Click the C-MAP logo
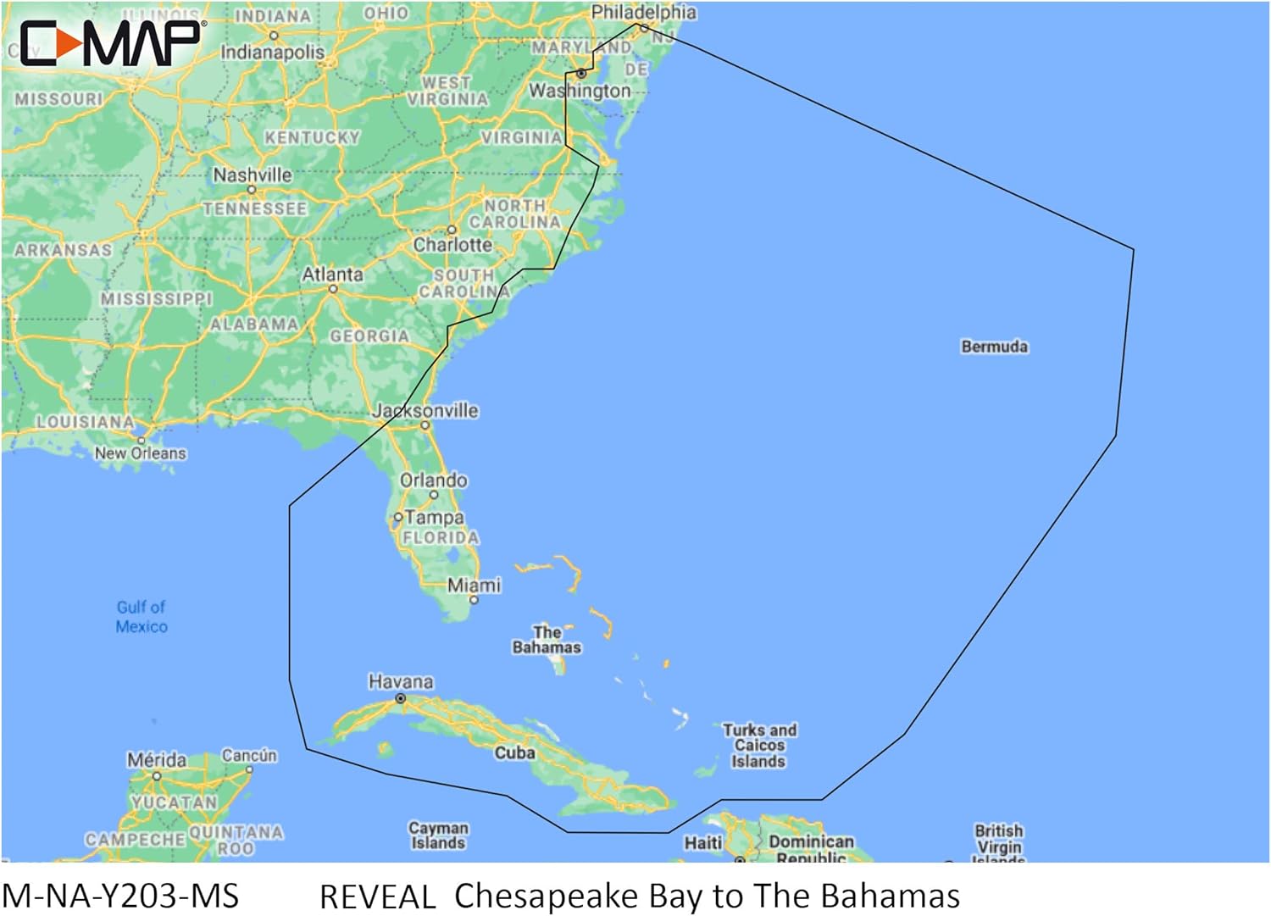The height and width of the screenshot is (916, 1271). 110,43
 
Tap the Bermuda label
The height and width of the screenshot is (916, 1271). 994,347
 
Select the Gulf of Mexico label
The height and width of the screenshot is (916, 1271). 142,617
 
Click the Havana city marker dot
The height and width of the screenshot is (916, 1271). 401,699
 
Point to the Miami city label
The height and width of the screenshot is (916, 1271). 474,585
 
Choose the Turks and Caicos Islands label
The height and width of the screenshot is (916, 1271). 759,746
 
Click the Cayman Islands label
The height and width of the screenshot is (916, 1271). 438,836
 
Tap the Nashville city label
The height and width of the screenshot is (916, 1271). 253,175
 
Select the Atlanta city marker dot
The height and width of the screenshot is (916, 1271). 333,289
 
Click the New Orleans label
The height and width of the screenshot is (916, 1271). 140,453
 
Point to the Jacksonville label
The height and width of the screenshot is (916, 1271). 426,411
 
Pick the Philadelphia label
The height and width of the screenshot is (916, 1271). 644,12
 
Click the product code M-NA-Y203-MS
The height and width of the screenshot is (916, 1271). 120,896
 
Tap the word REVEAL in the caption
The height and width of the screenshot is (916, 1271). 377,897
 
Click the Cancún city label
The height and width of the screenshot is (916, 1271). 249,755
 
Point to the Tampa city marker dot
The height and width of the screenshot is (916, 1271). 397,517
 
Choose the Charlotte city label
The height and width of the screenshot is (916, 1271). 452,245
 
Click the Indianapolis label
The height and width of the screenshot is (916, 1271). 272,52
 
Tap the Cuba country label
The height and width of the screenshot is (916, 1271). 514,752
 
